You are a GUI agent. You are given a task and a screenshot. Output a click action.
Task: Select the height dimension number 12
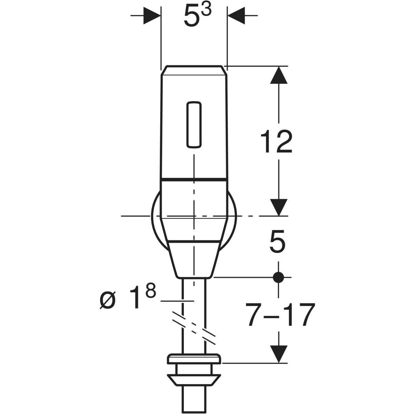[x=276, y=141]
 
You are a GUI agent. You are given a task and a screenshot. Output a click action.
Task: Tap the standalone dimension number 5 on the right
[x=277, y=241]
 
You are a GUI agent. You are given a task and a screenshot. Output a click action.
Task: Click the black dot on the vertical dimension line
[x=278, y=277]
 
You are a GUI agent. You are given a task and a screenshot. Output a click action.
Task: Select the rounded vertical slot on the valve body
[x=194, y=125]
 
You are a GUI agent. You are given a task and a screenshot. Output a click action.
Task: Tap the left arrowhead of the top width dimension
[x=152, y=16]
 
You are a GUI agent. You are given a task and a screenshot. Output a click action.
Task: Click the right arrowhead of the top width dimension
[x=236, y=16]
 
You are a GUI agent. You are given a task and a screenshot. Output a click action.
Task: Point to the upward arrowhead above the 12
[x=279, y=75]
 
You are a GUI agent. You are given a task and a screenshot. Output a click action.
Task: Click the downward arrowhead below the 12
[x=279, y=207]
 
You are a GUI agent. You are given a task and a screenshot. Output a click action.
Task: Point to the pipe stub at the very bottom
[x=194, y=400]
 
